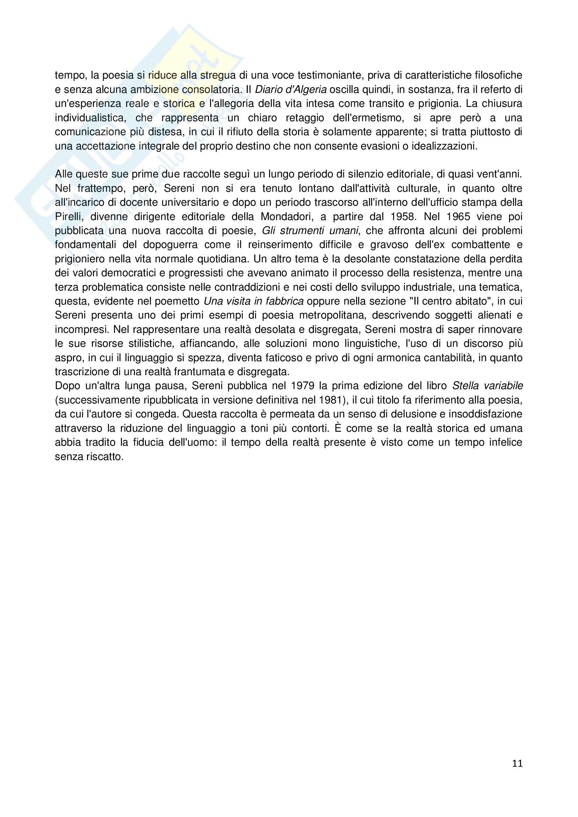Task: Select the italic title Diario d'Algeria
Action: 291,90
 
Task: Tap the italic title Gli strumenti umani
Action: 310,231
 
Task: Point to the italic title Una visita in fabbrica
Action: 253,301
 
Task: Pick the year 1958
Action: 403,217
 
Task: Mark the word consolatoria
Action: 212,90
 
